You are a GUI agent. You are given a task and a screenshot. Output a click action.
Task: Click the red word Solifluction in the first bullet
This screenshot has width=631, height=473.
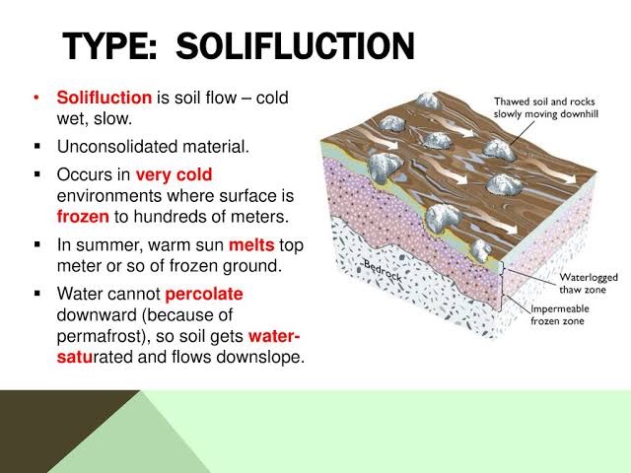coord(105,99)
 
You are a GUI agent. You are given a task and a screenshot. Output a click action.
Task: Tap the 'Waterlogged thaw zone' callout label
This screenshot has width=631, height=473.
coord(566,285)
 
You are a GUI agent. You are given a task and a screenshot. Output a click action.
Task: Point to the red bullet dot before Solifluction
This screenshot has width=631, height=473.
coord(36,99)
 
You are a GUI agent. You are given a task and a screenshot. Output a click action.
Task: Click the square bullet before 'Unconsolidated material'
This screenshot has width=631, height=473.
coord(36,148)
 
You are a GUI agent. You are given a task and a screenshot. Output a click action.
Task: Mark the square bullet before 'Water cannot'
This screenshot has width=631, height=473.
coord(36,294)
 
